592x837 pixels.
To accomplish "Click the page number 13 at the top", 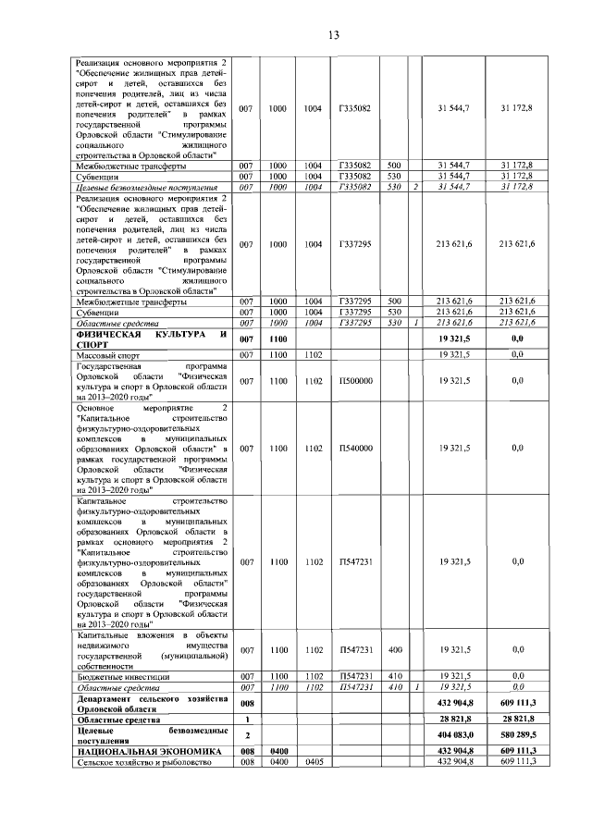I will [x=334, y=35].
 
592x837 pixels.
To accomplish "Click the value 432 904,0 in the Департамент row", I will [x=454, y=705].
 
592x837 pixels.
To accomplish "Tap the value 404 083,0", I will [x=454, y=736].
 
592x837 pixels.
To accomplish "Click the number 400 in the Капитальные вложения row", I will [x=395, y=651].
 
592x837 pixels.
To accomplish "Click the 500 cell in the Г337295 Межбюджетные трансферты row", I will [x=395, y=301].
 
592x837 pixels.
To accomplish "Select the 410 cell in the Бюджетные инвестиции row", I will [x=395, y=678].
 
